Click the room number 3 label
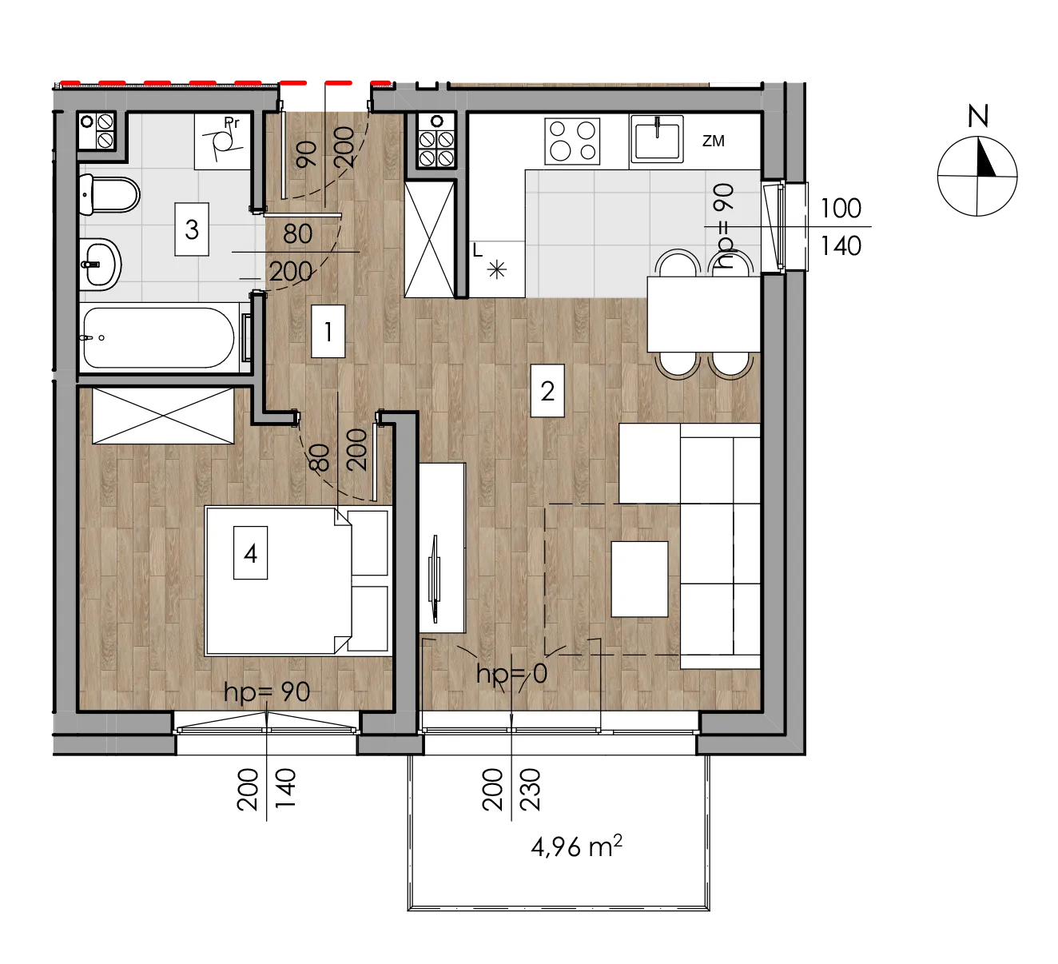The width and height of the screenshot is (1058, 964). [x=192, y=229]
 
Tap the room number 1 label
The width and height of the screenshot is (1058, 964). [x=328, y=332]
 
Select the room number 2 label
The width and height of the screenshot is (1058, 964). [x=547, y=391]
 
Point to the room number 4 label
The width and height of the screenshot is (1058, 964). [x=251, y=553]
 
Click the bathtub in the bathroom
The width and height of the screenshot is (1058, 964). [x=159, y=337]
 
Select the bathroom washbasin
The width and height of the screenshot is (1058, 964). [x=100, y=265]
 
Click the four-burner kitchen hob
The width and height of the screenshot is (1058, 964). [x=572, y=141]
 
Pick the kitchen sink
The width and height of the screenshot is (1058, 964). [x=657, y=139]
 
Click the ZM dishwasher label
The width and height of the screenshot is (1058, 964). [x=713, y=141]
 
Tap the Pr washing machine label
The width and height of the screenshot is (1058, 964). [x=232, y=123]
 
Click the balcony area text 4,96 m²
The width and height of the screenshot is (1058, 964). [x=576, y=846]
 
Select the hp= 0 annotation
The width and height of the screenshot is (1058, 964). [x=511, y=674]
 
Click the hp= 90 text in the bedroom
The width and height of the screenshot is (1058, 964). [x=266, y=692]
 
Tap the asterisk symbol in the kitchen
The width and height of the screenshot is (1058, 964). [x=496, y=271]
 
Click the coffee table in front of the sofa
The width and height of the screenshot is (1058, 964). [x=640, y=579]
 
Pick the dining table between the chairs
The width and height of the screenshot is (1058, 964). [x=703, y=314]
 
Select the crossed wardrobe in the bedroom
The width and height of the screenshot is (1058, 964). [x=163, y=416]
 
